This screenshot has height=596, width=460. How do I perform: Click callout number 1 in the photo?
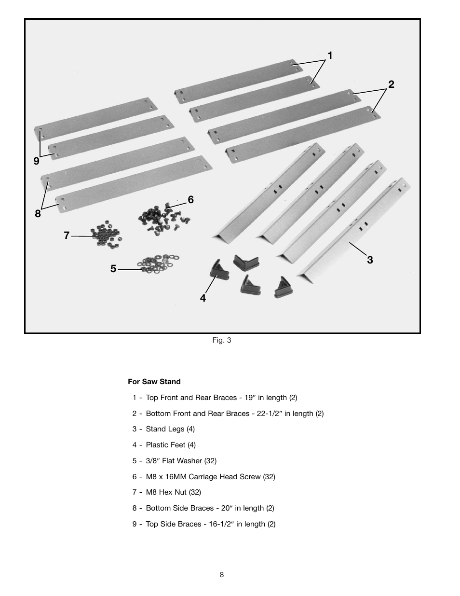click(x=330, y=56)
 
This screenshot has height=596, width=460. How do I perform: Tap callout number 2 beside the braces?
click(x=391, y=84)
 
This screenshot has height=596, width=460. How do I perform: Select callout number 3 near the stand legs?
click(x=370, y=260)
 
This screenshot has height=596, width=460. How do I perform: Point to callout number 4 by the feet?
click(x=203, y=298)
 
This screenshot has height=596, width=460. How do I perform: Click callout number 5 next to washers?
click(x=113, y=269)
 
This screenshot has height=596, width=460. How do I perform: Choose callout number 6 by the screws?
click(x=191, y=199)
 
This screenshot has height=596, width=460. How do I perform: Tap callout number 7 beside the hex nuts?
click(x=67, y=236)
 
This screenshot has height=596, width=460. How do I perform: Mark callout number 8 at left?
click(x=38, y=213)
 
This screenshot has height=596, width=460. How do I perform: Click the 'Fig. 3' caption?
click(x=222, y=340)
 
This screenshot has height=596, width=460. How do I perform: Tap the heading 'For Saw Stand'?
click(x=154, y=382)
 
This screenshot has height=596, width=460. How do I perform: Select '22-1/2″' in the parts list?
click(x=267, y=414)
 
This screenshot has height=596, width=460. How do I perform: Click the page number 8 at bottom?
click(x=222, y=575)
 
